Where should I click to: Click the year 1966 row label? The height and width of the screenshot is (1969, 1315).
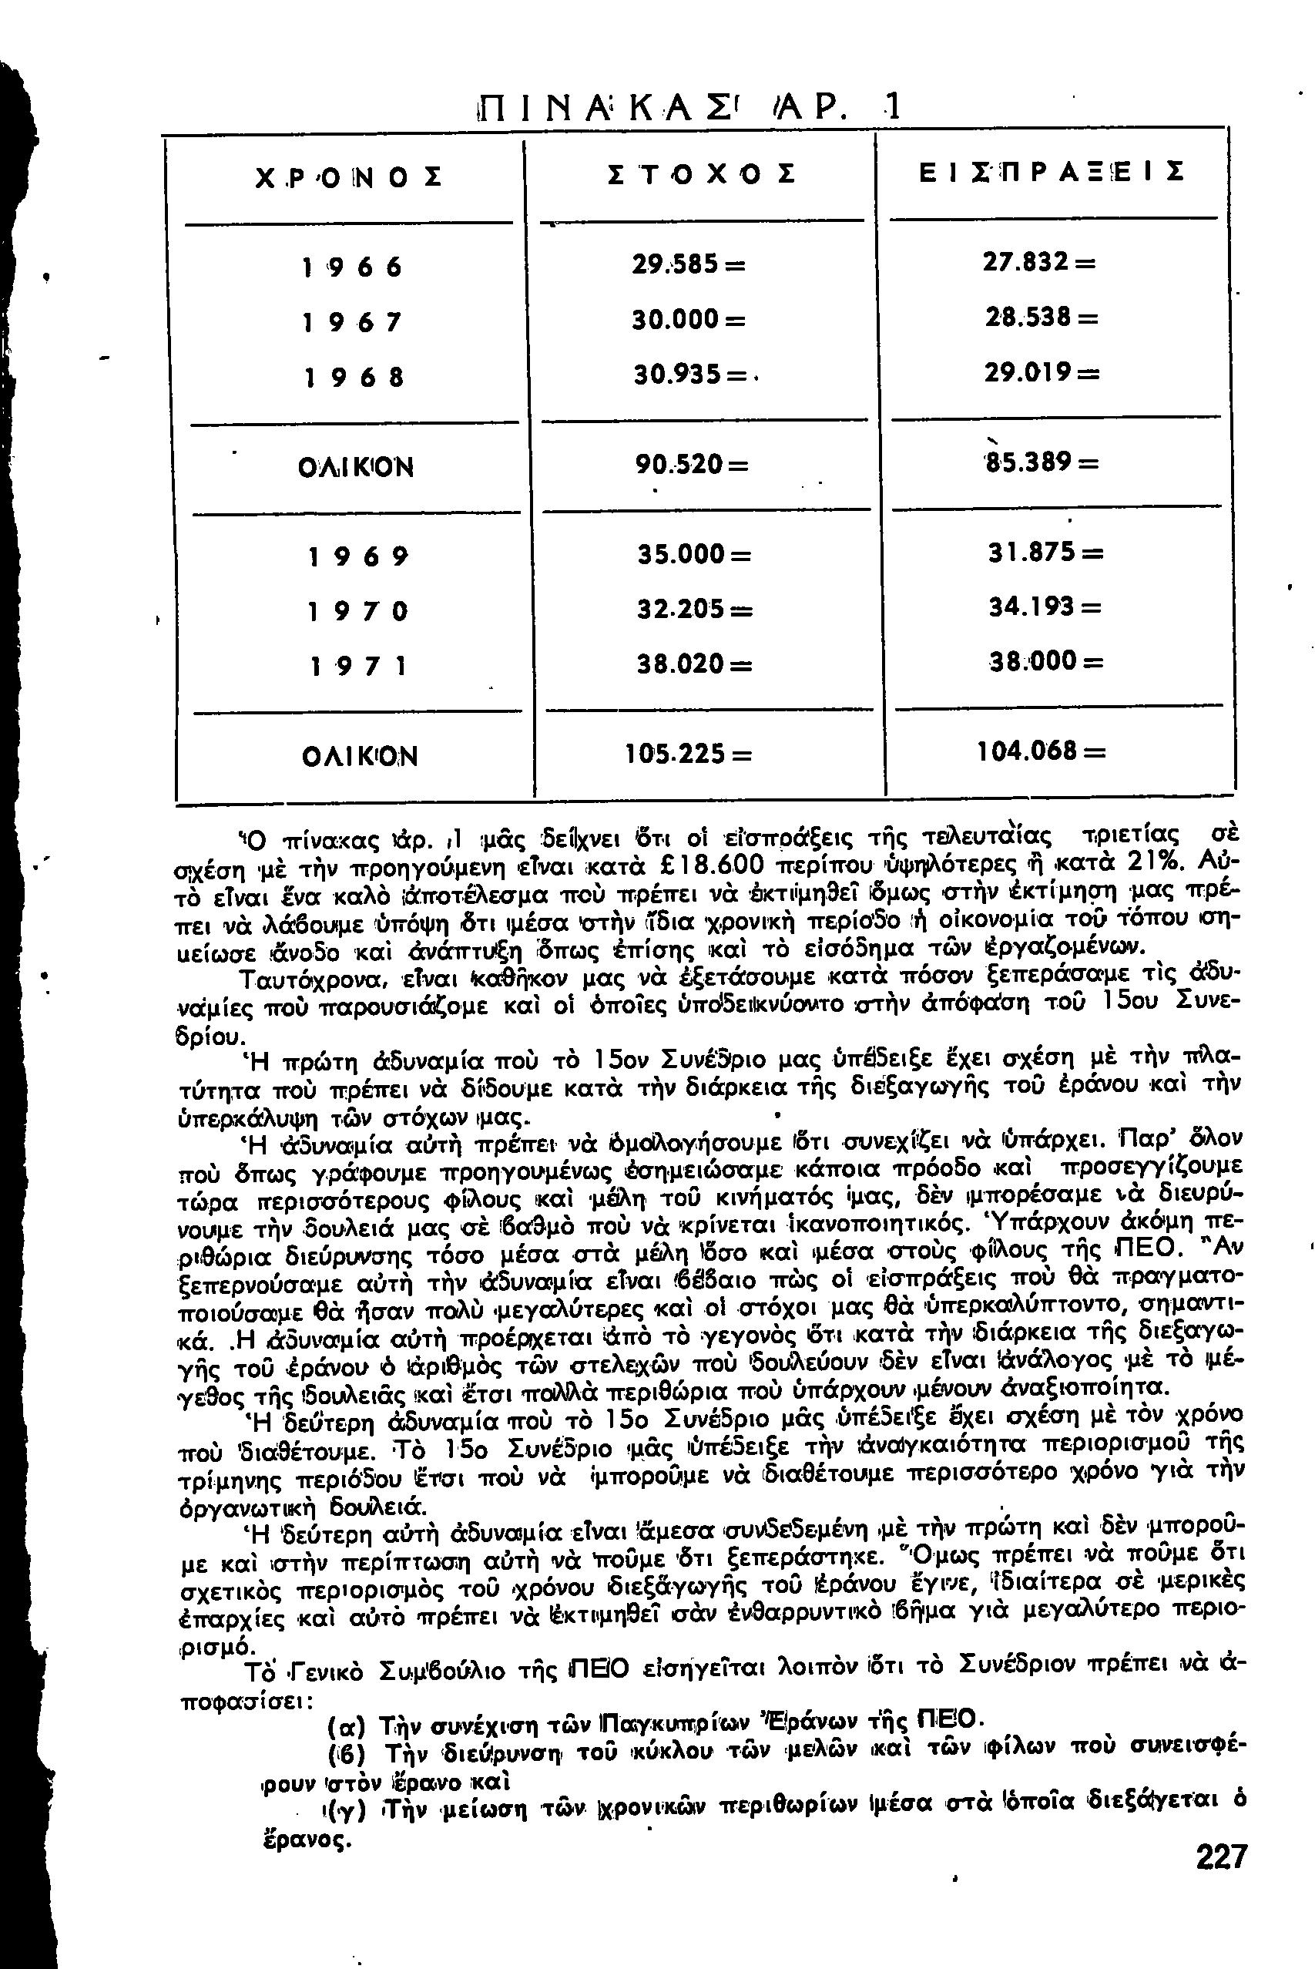(x=351, y=267)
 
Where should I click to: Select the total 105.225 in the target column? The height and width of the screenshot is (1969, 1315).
(x=688, y=754)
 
